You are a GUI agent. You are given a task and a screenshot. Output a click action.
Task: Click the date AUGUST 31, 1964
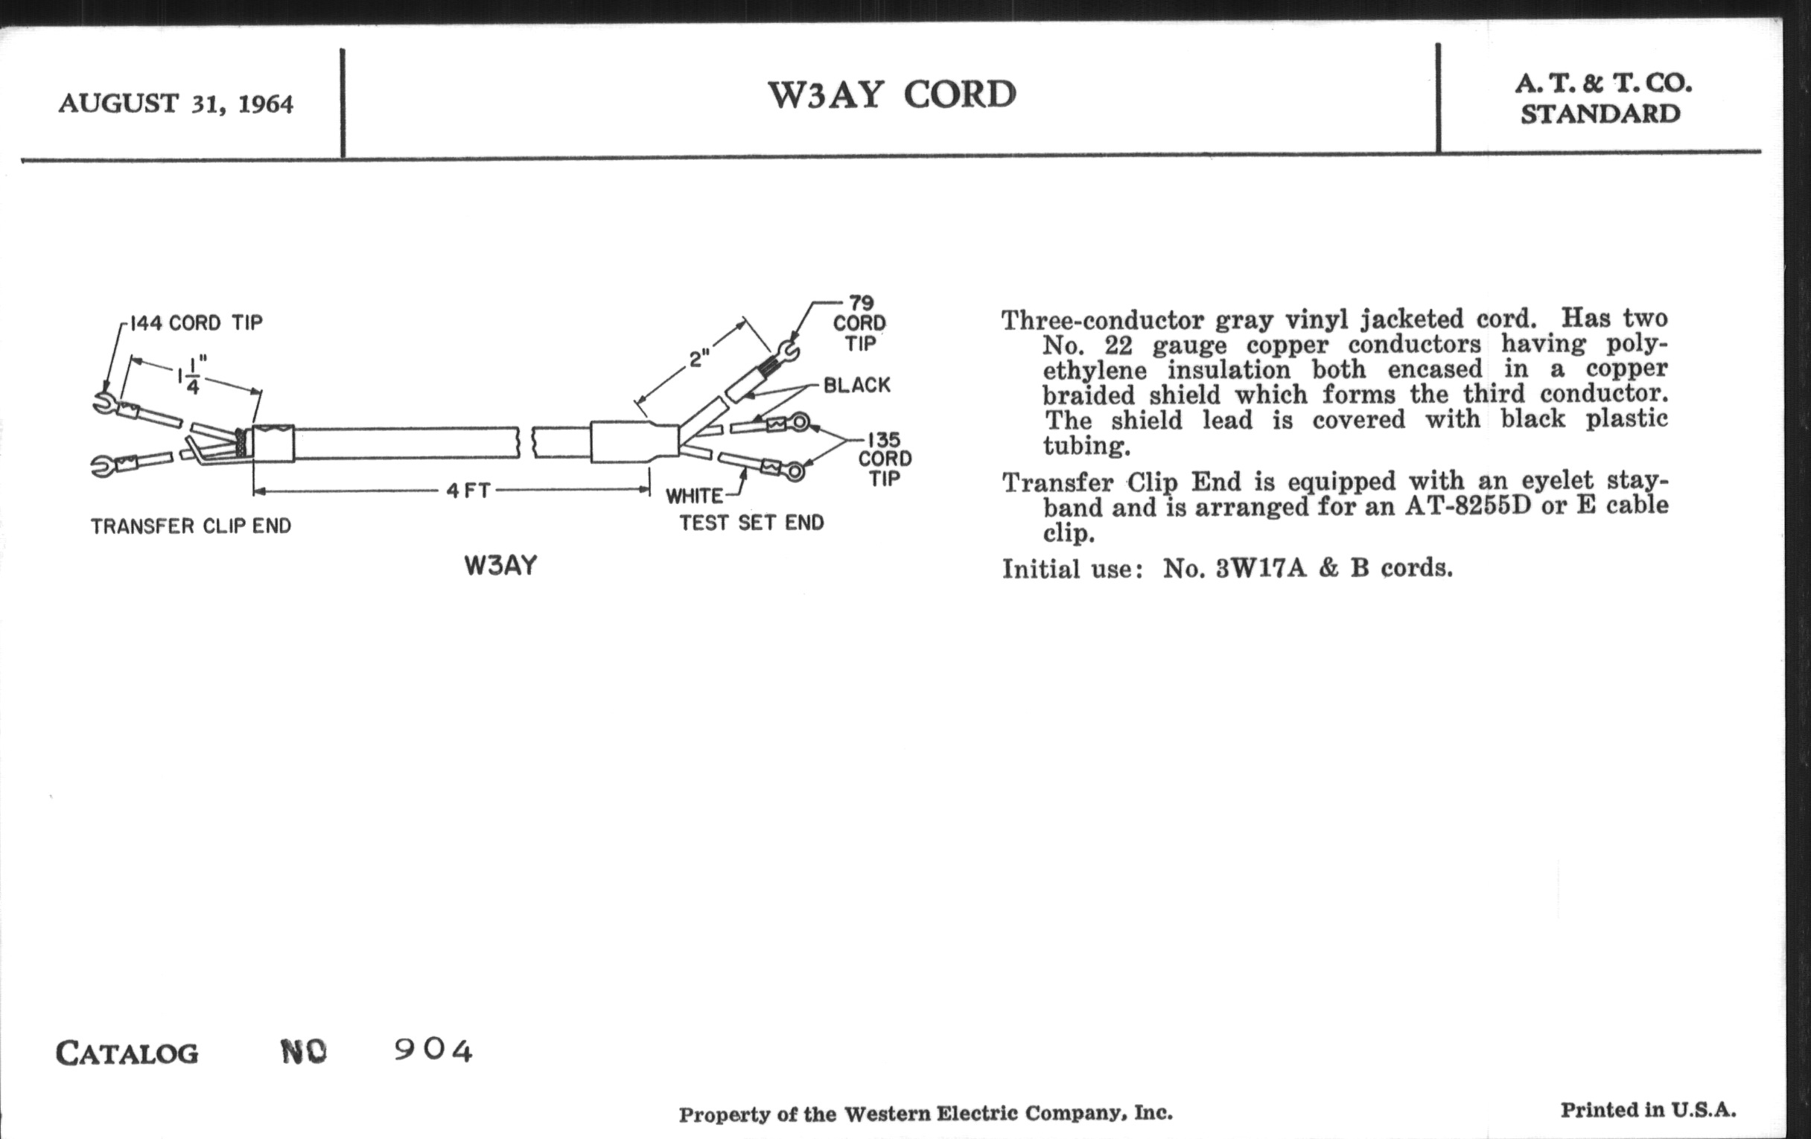tap(175, 103)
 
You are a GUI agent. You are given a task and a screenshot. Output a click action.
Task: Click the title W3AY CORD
tap(891, 95)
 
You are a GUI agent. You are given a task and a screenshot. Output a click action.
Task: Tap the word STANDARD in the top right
tap(1600, 115)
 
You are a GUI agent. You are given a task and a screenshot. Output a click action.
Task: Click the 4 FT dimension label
tap(468, 491)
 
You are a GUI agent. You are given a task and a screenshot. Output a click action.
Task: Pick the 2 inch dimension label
tap(698, 359)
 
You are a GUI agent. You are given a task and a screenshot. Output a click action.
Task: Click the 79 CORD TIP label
tap(859, 323)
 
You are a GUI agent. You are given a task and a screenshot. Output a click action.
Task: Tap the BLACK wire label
tap(856, 386)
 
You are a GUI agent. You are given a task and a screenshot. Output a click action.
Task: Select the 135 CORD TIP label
tap(885, 459)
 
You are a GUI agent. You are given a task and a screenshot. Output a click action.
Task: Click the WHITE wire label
tap(694, 497)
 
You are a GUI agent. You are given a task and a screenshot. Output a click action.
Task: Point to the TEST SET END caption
tap(751, 523)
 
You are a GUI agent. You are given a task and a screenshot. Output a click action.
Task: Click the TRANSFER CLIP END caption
tap(191, 526)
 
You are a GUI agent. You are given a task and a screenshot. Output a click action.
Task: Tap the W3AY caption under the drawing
tap(501, 565)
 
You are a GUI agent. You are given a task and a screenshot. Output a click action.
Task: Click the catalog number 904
tap(433, 1050)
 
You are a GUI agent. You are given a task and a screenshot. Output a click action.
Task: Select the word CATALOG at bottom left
tap(127, 1053)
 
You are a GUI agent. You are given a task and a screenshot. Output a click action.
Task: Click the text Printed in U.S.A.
tap(1648, 1110)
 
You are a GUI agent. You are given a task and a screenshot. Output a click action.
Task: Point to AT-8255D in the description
tap(1467, 505)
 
